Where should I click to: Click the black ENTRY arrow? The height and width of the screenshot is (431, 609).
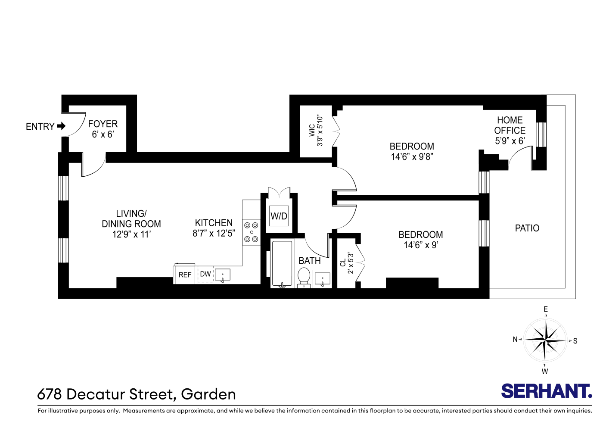pyautogui.click(x=61, y=126)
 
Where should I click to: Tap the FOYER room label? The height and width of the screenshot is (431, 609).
pyautogui.click(x=103, y=124)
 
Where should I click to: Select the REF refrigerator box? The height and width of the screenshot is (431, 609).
pyautogui.click(x=185, y=275)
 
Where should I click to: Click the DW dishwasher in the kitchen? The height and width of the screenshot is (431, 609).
pyautogui.click(x=205, y=274)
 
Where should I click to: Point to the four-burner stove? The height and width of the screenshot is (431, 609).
pyautogui.click(x=251, y=232)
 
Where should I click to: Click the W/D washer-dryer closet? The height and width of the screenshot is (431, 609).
pyautogui.click(x=279, y=216)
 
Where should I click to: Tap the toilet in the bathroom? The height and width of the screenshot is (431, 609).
pyautogui.click(x=304, y=276)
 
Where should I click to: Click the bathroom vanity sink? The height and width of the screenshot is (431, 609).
pyautogui.click(x=322, y=279)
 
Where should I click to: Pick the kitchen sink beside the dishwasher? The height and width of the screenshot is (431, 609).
pyautogui.click(x=222, y=275)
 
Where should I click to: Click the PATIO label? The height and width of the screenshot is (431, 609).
pyautogui.click(x=527, y=228)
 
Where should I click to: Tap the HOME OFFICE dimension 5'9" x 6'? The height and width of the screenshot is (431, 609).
pyautogui.click(x=510, y=141)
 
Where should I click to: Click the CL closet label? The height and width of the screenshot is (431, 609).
pyautogui.click(x=343, y=263)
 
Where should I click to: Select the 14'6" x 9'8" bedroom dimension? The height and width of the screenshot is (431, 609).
pyautogui.click(x=412, y=157)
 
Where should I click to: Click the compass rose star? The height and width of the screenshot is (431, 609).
pyautogui.click(x=545, y=340)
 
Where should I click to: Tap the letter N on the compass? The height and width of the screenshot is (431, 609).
pyautogui.click(x=515, y=340)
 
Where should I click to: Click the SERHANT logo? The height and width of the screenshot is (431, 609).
pyautogui.click(x=547, y=391)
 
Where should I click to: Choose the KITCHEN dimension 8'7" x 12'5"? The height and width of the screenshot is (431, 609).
pyautogui.click(x=214, y=234)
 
